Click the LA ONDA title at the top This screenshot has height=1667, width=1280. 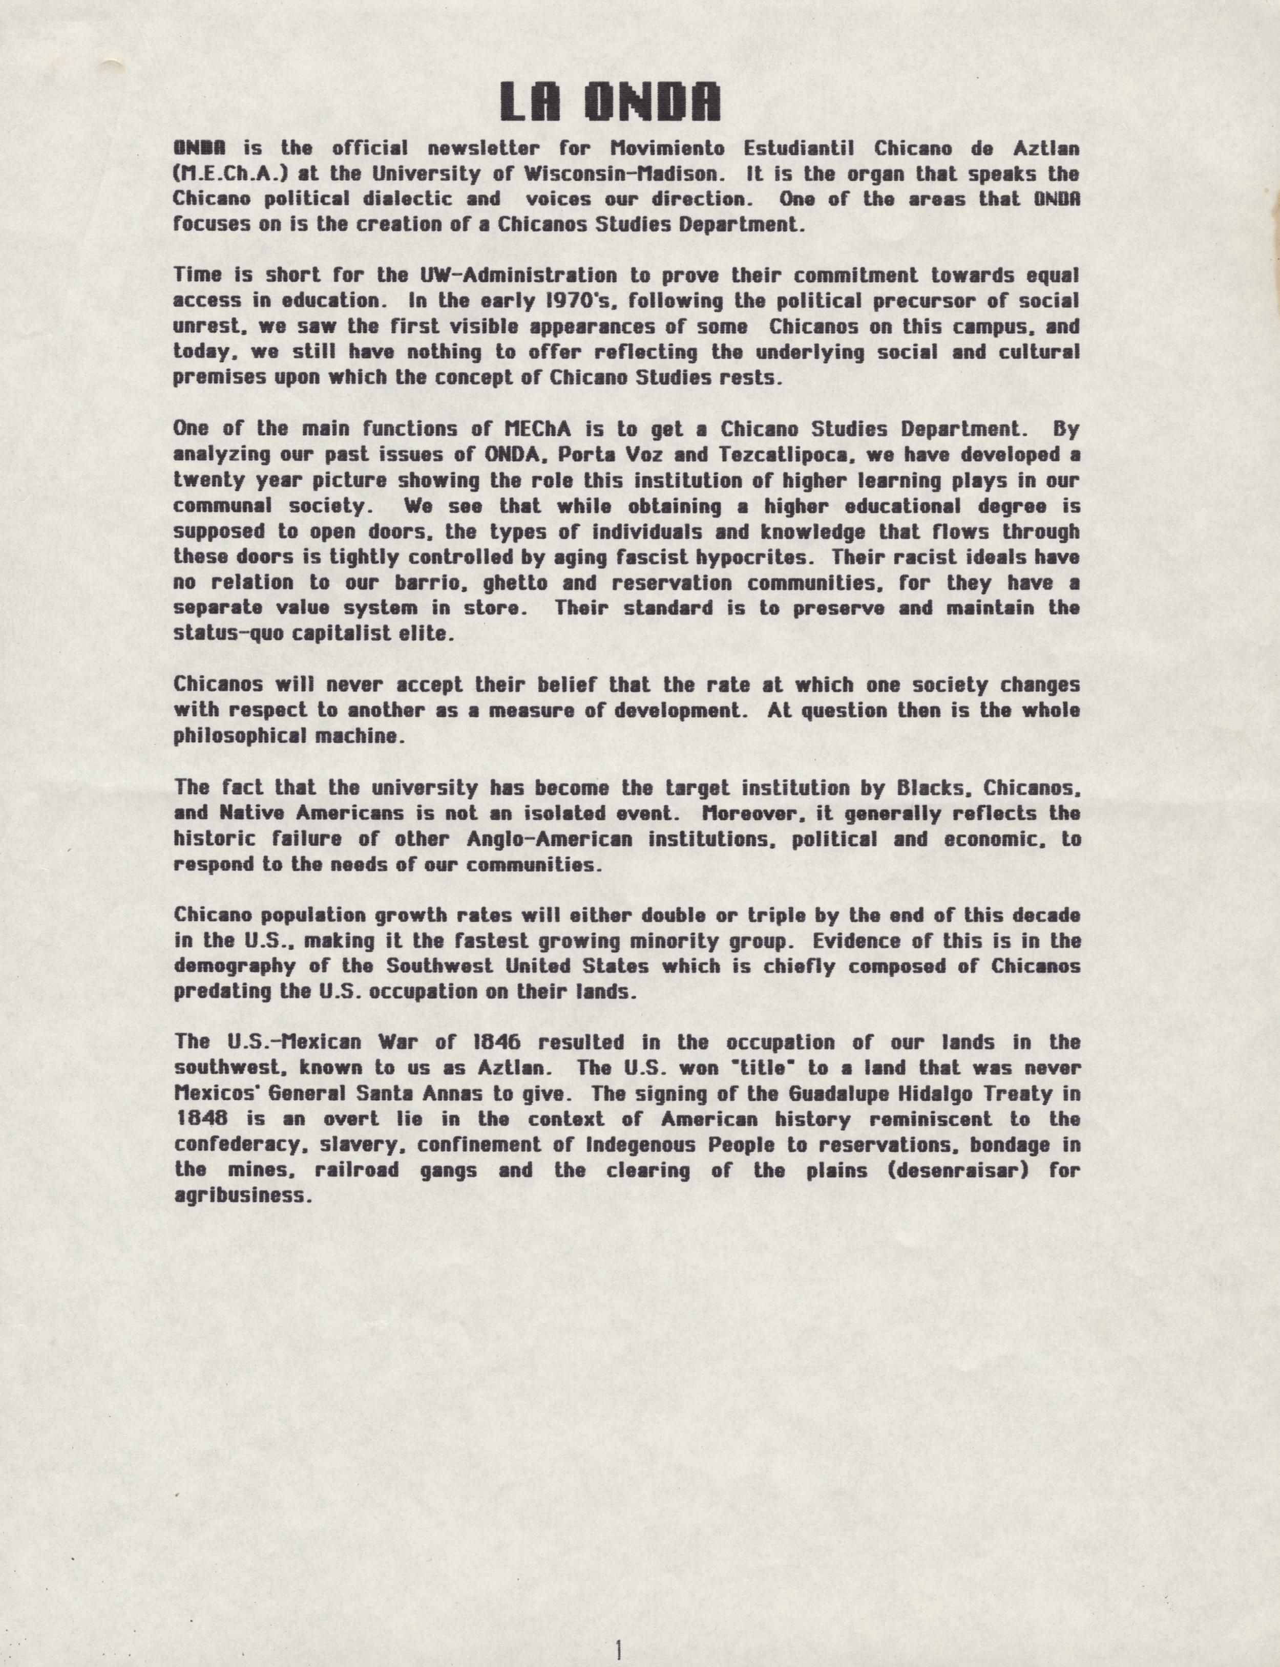(x=610, y=102)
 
